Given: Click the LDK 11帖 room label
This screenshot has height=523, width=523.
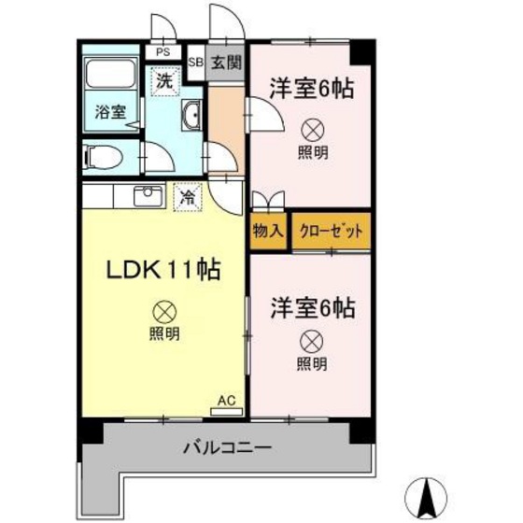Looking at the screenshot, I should pyautogui.click(x=161, y=271).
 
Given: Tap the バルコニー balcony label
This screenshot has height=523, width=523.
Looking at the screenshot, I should pyautogui.click(x=227, y=448).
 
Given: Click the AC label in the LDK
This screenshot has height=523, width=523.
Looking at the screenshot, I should pyautogui.click(x=226, y=401).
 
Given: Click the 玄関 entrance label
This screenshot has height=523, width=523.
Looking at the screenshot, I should pyautogui.click(x=224, y=64).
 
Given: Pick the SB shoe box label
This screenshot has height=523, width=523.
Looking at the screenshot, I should pyautogui.click(x=196, y=64).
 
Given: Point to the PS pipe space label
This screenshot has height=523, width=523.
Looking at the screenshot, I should pyautogui.click(x=163, y=52).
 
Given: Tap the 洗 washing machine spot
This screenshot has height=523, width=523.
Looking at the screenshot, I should pyautogui.click(x=163, y=80).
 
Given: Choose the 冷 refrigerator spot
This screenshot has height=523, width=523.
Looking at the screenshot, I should pyautogui.click(x=188, y=197).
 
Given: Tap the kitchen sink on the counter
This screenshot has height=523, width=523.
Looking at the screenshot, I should pyautogui.click(x=148, y=197).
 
